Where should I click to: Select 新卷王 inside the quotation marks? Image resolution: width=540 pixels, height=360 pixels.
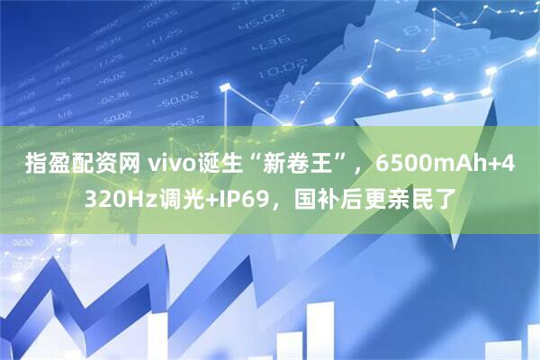[x=291, y=166]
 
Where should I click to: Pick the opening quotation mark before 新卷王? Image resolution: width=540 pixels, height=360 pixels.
[x=256, y=160]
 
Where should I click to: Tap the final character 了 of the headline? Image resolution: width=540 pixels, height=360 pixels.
[x=444, y=195]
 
